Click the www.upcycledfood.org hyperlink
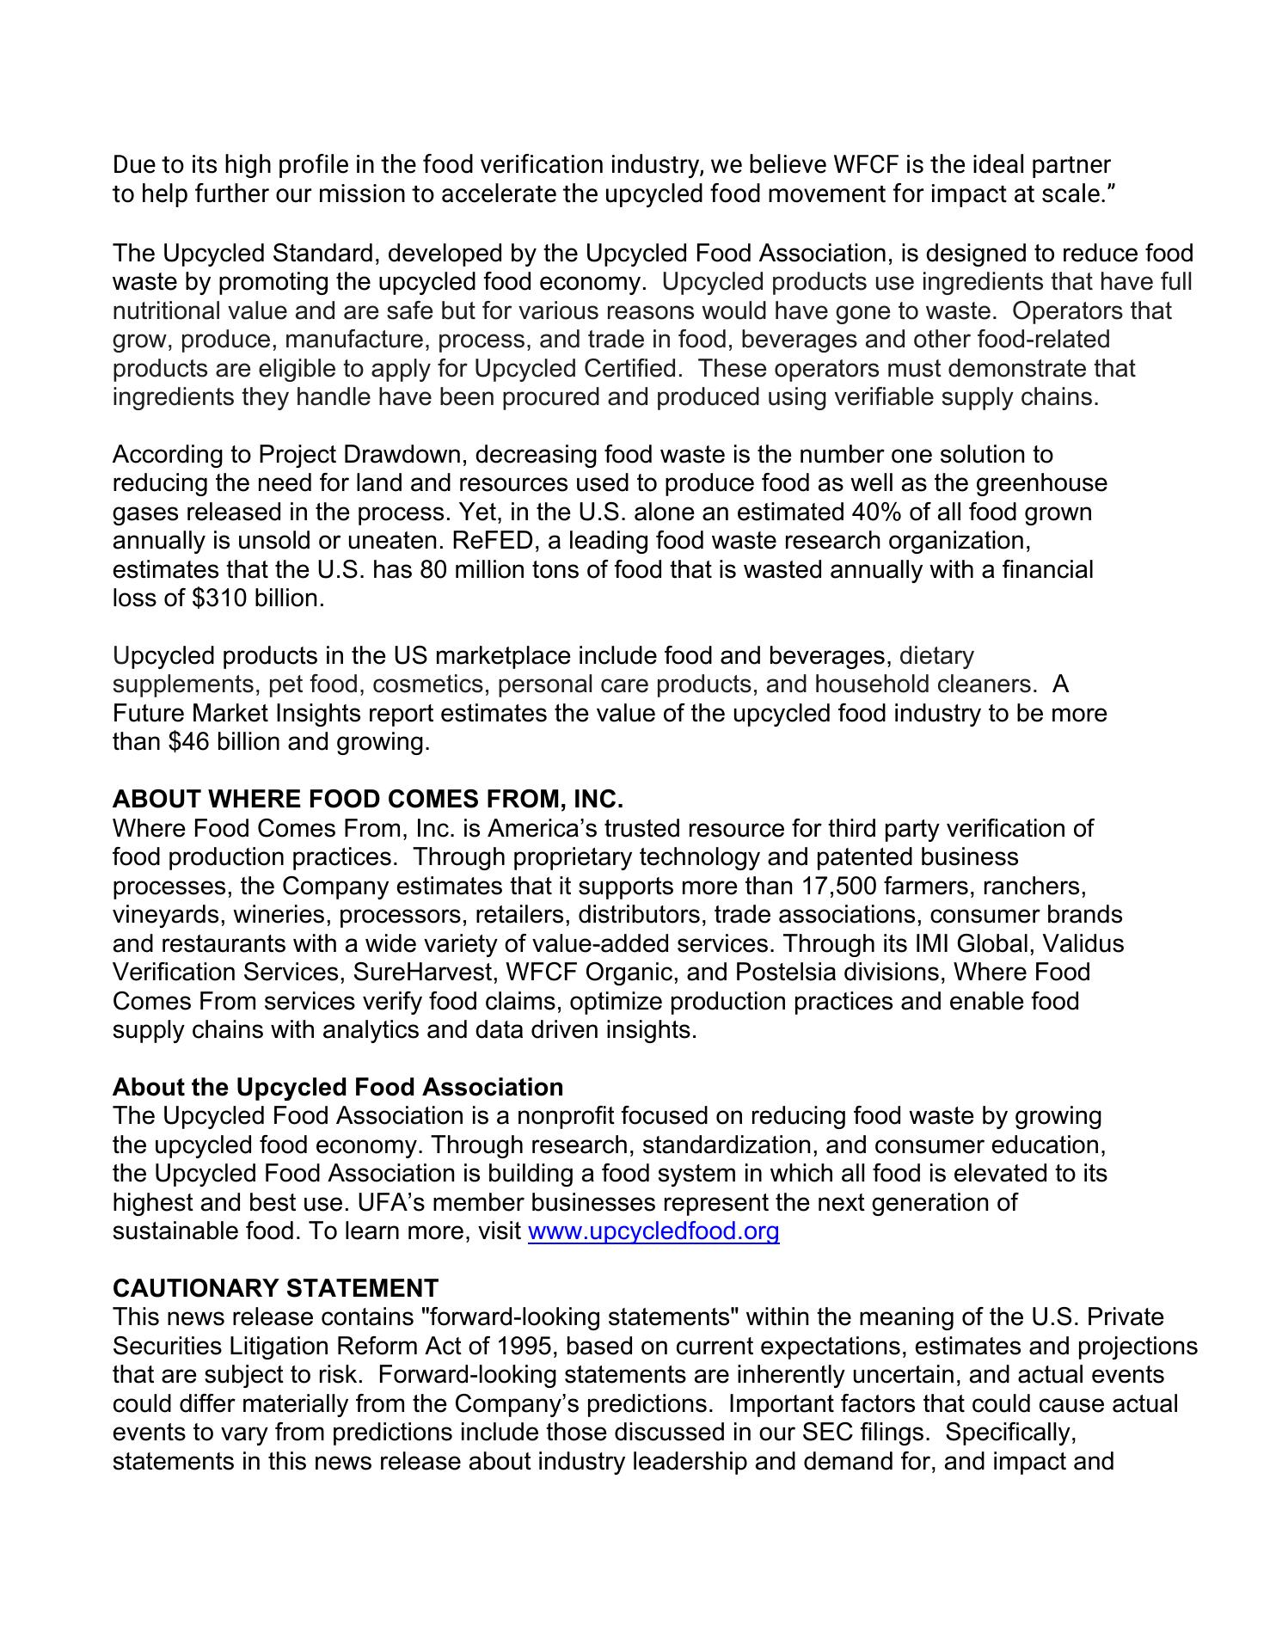653,1231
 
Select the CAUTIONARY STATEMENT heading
275,1288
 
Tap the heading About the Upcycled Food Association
338,1087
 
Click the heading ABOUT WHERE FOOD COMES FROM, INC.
367,800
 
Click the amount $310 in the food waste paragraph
218,598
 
